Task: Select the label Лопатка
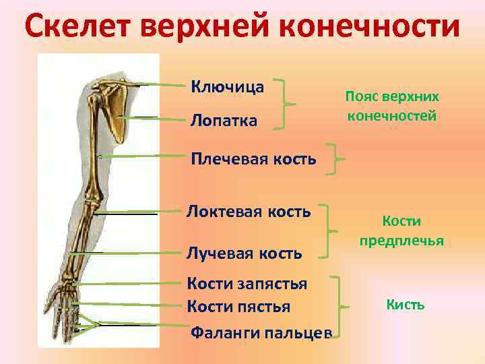[223, 121]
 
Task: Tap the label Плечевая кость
[253, 159]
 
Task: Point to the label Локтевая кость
[248, 212]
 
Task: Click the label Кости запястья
[247, 284]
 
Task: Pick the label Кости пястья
[238, 307]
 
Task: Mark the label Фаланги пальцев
[261, 332]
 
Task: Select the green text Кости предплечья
[401, 230]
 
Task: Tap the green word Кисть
[406, 305]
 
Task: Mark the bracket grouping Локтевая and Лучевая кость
[331, 231]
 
